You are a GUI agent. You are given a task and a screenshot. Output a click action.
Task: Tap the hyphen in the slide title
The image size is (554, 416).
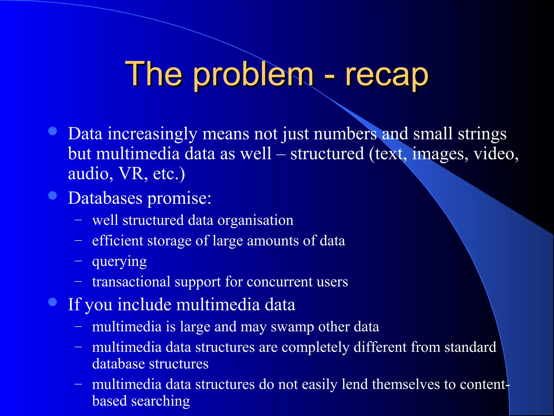pos(329,77)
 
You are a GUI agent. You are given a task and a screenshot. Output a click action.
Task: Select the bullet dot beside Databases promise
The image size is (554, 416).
pos(52,196)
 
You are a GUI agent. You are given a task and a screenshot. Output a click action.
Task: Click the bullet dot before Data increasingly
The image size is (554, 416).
pos(52,131)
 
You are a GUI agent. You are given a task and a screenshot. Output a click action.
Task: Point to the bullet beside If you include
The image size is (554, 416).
pos(52,302)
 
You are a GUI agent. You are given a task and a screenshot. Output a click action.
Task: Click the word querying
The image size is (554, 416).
pos(119,262)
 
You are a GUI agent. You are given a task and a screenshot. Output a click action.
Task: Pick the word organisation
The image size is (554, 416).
pos(255,220)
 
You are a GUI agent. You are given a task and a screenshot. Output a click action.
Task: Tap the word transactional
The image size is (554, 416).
pos(131,282)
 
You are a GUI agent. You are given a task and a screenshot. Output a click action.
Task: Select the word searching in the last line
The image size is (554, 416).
pos(160,401)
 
